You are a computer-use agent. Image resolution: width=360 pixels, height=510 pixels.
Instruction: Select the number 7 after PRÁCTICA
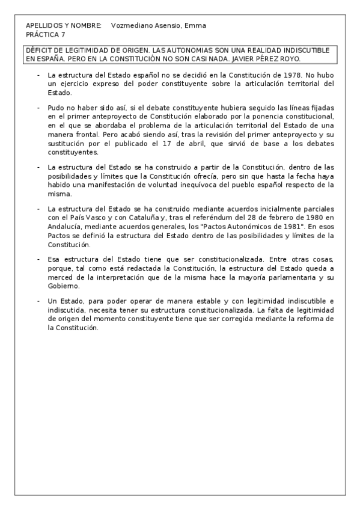pos(63,34)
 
